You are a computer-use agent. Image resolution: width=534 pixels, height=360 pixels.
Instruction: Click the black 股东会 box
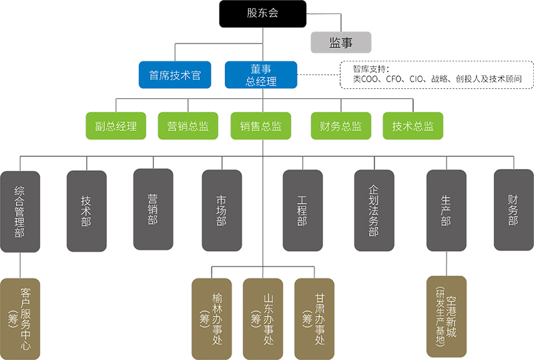point(262,14)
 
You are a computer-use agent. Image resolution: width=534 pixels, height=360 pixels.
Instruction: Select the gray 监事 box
point(340,43)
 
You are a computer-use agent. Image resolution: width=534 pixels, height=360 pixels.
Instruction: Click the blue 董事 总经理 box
point(260,75)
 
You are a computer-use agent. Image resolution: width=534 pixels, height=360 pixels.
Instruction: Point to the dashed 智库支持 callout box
point(437,74)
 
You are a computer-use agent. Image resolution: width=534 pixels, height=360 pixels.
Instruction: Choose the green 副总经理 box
point(116,126)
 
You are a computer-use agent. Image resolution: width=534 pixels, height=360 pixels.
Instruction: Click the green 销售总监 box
point(261,126)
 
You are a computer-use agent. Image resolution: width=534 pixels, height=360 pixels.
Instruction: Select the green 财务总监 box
point(340,126)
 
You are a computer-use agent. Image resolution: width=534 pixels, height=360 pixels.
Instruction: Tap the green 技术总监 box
point(413,126)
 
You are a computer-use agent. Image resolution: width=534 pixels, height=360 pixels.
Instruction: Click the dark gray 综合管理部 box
point(20,211)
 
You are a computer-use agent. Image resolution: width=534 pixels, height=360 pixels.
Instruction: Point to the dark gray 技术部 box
point(86,211)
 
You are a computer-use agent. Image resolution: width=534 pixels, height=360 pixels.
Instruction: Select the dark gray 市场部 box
point(222,211)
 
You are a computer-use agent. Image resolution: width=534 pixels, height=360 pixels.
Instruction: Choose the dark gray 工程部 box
point(302,211)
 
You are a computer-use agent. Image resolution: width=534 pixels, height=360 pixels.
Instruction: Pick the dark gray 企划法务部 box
point(374,211)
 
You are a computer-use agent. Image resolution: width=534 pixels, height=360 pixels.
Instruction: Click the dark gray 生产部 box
point(446,211)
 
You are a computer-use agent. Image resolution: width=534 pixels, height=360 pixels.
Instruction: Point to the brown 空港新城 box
point(446,317)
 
